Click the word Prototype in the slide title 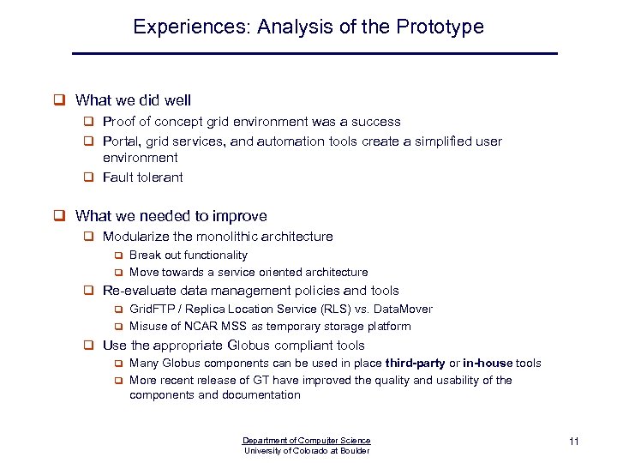pos(440,27)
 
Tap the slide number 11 pos(574,442)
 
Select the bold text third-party pos(416,363)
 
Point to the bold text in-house pos(489,363)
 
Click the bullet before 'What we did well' pos(60,101)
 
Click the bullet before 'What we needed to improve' pos(60,216)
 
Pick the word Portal pos(119,141)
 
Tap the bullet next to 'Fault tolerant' pos(88,177)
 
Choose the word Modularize pos(135,236)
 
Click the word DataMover pos(403,309)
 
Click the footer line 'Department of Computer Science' pos(307,441)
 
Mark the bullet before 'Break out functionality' pos(120,256)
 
